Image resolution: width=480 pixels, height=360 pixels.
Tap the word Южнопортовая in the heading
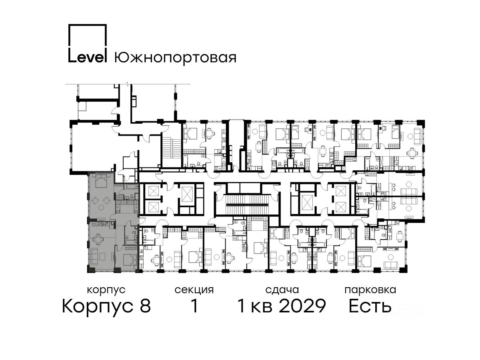click(x=175, y=58)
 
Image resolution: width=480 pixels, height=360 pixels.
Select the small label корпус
click(x=106, y=290)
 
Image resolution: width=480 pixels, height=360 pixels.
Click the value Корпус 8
click(x=106, y=306)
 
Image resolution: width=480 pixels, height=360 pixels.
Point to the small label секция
click(x=194, y=290)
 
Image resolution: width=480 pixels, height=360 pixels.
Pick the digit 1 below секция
click(x=194, y=306)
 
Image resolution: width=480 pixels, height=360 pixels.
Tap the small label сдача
click(x=282, y=290)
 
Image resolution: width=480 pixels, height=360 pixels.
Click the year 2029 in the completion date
click(x=302, y=306)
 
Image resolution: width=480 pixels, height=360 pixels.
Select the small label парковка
click(x=370, y=290)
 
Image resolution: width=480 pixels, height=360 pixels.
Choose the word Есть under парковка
click(x=370, y=306)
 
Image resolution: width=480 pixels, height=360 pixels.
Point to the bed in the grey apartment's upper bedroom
click(x=100, y=180)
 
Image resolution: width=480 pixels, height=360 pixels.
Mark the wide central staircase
click(x=247, y=204)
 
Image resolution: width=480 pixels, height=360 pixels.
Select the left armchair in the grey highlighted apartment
click(x=95, y=200)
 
